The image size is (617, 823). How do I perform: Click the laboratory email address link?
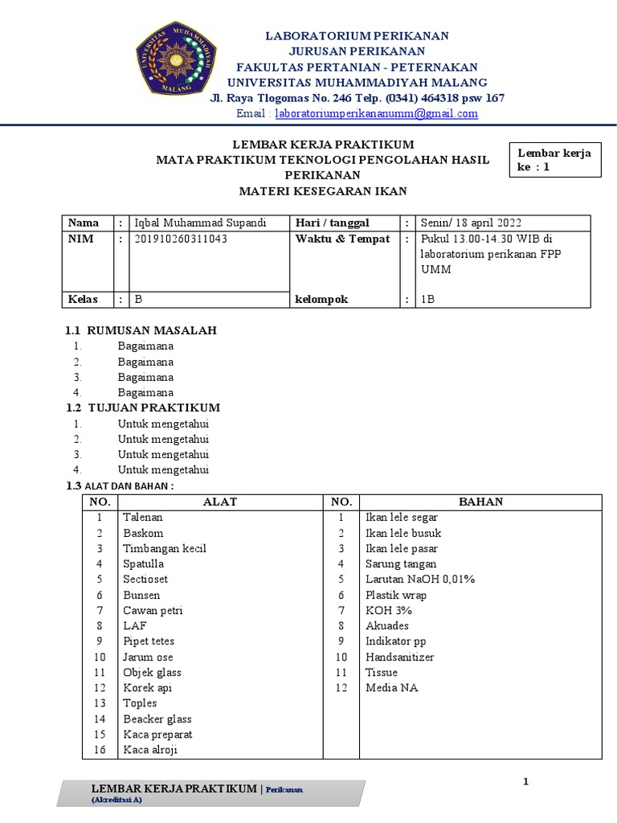(x=376, y=114)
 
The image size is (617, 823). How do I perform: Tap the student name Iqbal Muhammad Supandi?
(x=200, y=223)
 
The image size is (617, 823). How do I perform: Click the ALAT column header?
(x=220, y=502)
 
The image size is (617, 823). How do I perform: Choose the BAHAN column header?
(x=480, y=502)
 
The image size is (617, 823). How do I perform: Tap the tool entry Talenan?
(x=142, y=518)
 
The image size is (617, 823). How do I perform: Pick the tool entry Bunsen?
(x=141, y=595)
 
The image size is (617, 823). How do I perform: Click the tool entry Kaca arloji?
(x=150, y=750)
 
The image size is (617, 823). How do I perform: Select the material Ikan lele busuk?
(x=403, y=533)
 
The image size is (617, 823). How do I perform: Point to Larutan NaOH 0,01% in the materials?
(x=420, y=579)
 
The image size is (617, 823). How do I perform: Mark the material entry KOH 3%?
(x=384, y=610)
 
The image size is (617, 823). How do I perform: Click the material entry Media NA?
(x=391, y=687)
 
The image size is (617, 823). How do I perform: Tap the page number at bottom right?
(x=525, y=781)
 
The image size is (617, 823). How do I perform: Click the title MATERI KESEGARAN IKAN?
(x=324, y=190)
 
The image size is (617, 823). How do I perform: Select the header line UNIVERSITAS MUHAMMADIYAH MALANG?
(x=358, y=83)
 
